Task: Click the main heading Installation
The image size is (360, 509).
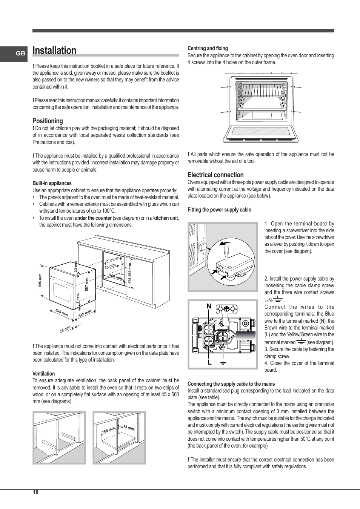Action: pos(54,51)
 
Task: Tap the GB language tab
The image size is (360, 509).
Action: pos(20,54)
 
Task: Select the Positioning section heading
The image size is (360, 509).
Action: pos(48,121)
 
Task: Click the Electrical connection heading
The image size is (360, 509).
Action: pos(215,175)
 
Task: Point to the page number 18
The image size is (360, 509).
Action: pos(35,492)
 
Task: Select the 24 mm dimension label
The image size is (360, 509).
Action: pos(65,329)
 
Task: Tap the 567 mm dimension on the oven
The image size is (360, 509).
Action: pos(86,284)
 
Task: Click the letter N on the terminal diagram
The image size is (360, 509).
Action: pos(209,307)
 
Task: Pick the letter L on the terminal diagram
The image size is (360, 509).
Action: pos(209,363)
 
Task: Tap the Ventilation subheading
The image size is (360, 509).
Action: pos(43,374)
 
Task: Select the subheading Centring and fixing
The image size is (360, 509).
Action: pos(208,48)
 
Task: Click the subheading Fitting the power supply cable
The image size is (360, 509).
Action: pos(219,210)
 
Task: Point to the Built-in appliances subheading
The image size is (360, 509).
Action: pos(52,184)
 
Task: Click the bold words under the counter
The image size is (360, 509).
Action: pos(93,218)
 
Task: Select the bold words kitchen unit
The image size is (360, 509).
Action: pos(165,218)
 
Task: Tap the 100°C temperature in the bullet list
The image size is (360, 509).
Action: pos(109,211)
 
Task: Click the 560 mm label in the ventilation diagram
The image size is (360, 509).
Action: pos(108,430)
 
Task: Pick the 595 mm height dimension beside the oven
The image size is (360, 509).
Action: pos(40,279)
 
